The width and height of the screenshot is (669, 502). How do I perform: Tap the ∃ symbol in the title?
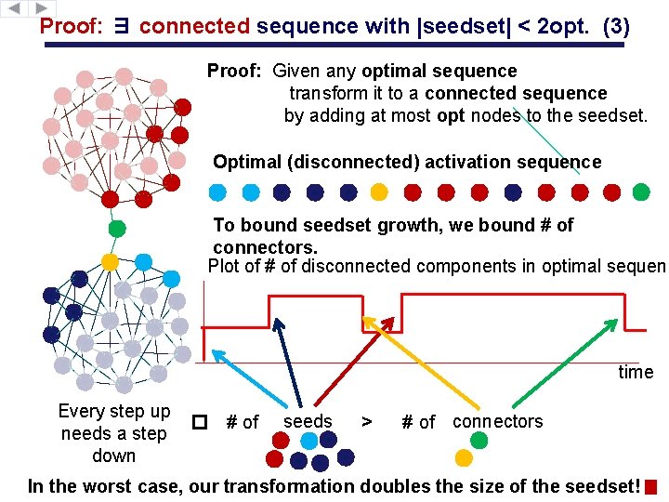point(121,27)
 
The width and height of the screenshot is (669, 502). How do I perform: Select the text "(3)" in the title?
point(615,27)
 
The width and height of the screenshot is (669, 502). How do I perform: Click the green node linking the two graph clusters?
point(117,228)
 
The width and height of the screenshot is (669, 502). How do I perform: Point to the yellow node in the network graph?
point(111,262)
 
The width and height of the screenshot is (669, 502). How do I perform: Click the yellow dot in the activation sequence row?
point(379,192)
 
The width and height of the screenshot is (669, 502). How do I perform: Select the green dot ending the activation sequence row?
point(641,192)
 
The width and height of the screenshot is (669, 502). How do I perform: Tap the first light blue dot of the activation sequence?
point(217,192)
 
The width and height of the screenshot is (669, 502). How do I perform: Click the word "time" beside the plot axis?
point(636,372)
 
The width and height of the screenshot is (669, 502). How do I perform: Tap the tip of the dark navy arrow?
point(276,324)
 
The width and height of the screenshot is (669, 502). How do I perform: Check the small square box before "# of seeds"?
point(197,422)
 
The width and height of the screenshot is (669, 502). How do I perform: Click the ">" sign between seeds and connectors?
point(367,422)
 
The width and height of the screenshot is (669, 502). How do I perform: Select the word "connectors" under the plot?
point(497,421)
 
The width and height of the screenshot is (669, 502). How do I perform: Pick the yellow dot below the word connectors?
point(464,457)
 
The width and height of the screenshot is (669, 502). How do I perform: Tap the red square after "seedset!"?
point(650,487)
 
